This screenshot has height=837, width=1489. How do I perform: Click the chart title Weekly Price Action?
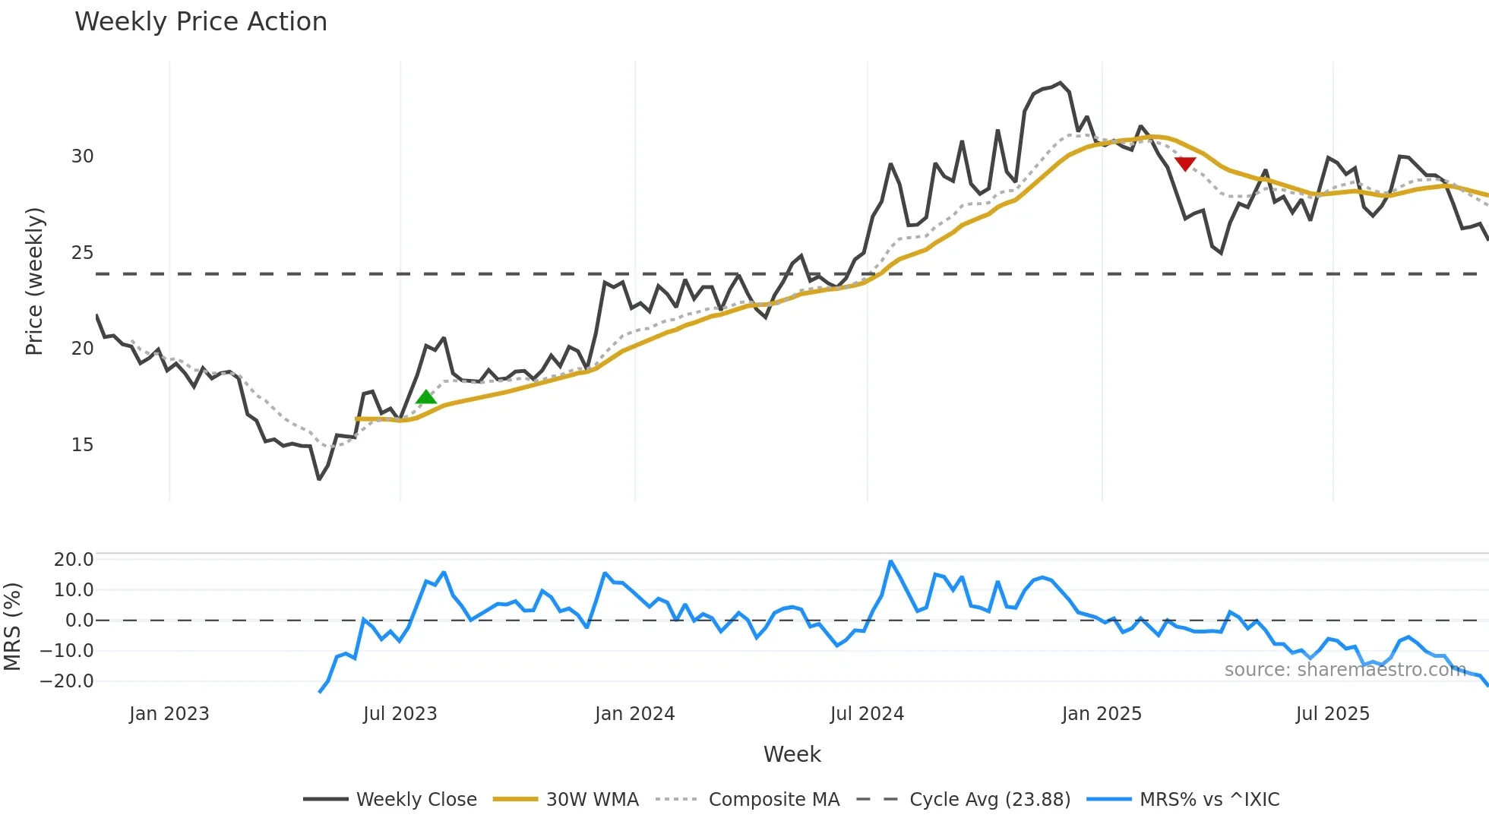(201, 22)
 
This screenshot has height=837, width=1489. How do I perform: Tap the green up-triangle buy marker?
(426, 397)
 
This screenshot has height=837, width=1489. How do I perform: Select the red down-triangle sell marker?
(1185, 163)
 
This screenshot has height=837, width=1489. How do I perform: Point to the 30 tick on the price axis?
(82, 156)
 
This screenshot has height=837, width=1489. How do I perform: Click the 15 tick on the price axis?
(82, 445)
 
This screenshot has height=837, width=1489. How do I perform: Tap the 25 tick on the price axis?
(82, 253)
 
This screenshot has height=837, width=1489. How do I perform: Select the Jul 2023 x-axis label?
(400, 714)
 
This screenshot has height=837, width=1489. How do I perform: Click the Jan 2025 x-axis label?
(1102, 714)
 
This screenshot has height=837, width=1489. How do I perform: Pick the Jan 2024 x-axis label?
(634, 714)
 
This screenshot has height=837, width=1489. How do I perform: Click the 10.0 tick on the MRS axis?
(73, 590)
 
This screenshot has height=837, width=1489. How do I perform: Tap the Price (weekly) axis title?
(34, 281)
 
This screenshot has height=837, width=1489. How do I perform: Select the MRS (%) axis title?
(12, 627)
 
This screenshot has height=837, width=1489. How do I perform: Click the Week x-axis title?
(792, 754)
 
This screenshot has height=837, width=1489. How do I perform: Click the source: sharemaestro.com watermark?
(1345, 670)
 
